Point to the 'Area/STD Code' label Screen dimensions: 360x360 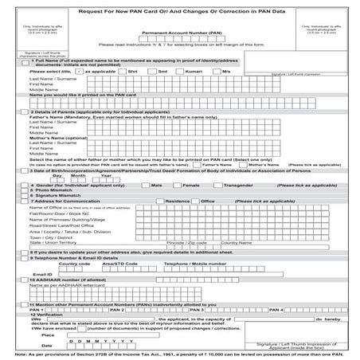point(120,262)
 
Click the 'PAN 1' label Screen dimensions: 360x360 point(37,308)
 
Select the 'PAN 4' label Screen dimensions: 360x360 point(276,308)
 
